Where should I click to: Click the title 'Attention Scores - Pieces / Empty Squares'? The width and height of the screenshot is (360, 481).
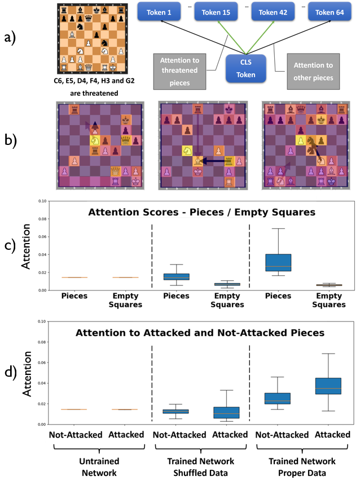[x=194, y=213]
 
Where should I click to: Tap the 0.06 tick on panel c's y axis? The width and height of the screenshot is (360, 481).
[x=41, y=236]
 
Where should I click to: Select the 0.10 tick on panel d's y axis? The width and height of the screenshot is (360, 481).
[x=41, y=322]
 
